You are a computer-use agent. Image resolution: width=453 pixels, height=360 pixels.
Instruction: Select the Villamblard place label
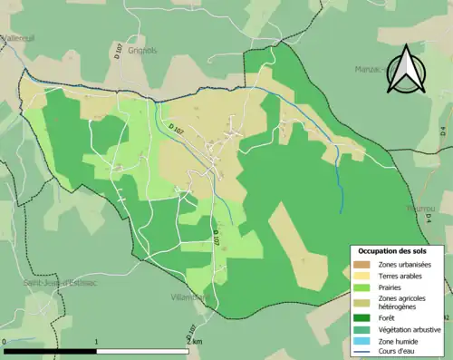(x=189, y=297)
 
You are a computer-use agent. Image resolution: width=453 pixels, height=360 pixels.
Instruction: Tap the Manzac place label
(x=370, y=68)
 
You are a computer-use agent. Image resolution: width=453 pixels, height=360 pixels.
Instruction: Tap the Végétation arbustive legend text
(x=410, y=329)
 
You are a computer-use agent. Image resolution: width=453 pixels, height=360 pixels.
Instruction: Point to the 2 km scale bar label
(x=192, y=342)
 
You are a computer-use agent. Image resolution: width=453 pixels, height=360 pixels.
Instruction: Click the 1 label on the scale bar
(x=97, y=342)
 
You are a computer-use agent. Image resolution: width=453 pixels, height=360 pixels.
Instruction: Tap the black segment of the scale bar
(x=51, y=350)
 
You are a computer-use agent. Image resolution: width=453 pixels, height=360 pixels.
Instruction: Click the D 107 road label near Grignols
(x=119, y=50)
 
